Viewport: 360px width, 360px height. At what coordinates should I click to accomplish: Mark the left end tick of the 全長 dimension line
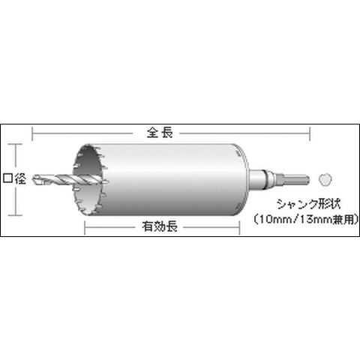click(33, 134)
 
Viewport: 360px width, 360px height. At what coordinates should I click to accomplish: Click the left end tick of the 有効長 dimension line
click(83, 225)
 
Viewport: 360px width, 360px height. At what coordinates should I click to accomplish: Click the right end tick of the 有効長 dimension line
click(238, 225)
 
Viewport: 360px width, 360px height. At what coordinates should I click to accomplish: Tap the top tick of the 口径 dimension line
click(14, 143)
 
